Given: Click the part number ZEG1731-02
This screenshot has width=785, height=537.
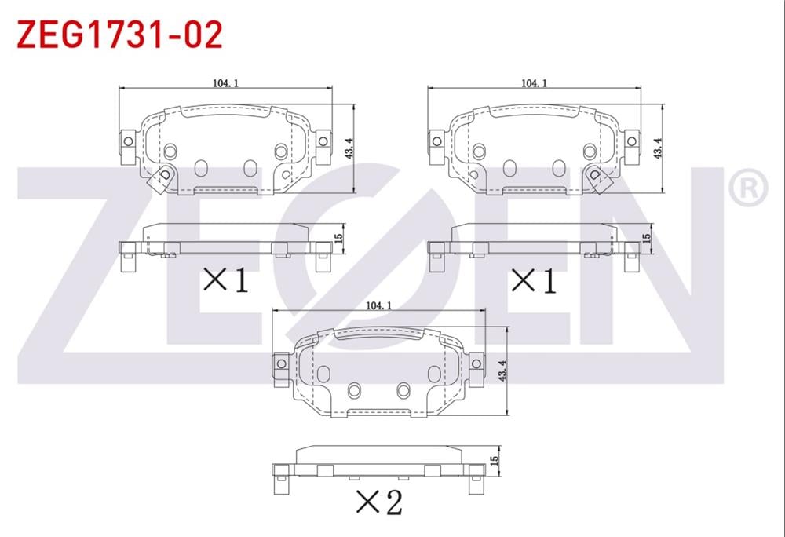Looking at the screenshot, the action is point(119,35).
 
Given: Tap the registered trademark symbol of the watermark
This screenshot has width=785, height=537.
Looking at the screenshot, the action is point(747,188).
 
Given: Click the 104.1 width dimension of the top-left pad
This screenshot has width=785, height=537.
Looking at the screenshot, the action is point(226,83).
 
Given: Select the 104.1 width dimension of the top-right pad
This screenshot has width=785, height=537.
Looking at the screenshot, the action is point(534,83).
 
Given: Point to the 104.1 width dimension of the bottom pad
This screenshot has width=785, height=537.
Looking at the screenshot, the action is point(378,305).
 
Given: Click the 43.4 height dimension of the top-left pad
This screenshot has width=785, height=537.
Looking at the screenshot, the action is point(349,148).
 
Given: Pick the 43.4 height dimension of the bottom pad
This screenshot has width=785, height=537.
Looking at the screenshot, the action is point(502,371).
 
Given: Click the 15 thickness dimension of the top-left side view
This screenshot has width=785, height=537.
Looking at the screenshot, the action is point(339,236).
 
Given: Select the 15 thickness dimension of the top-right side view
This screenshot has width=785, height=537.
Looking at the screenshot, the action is point(647,236).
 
